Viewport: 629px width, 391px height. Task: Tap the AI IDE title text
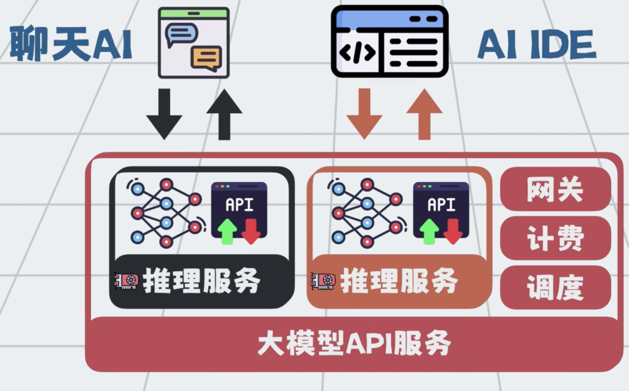click(x=537, y=45)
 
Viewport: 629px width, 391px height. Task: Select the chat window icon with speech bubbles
click(x=193, y=42)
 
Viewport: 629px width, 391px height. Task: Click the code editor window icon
click(x=389, y=41)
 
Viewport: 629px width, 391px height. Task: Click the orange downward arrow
click(x=364, y=113)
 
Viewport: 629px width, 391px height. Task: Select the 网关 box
click(x=555, y=190)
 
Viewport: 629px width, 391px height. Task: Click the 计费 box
click(x=555, y=239)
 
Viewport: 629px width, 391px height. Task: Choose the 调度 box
click(x=555, y=287)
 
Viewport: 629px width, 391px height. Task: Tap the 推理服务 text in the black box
click(x=201, y=282)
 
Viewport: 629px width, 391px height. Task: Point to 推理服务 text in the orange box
click(x=399, y=282)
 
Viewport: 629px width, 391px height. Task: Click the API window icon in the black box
click(x=239, y=212)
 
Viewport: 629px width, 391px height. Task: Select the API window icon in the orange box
click(x=441, y=212)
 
